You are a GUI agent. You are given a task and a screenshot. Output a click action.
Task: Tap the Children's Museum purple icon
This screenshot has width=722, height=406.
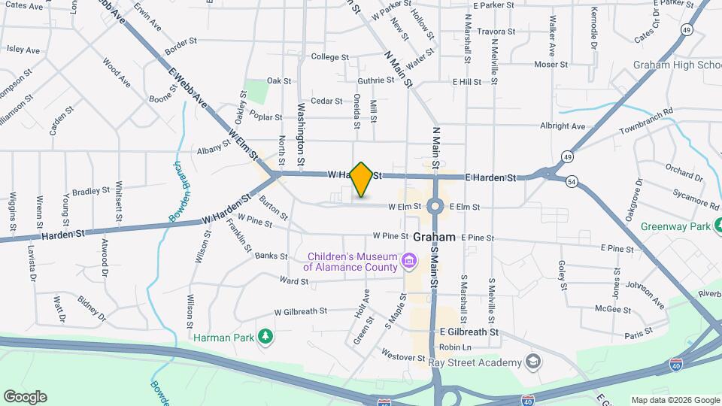[410, 262]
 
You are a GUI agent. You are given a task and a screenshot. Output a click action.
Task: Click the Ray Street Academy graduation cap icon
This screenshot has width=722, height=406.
[533, 362]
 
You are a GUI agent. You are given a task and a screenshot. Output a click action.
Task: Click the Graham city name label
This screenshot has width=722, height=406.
[434, 237]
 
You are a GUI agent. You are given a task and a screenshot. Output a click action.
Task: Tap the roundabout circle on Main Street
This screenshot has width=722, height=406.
[435, 206]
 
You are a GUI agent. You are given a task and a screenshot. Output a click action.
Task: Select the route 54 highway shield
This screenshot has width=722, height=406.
[572, 181]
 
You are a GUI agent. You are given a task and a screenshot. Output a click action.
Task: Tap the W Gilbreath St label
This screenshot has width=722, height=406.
[301, 311]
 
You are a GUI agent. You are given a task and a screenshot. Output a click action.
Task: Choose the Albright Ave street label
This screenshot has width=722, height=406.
[583, 126]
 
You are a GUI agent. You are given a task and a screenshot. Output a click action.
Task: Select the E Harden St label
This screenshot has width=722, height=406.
[490, 178]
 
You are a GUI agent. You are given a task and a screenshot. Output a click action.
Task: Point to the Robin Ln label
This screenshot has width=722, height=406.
[455, 347]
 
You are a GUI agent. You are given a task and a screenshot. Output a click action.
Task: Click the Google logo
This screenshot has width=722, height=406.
[25, 396]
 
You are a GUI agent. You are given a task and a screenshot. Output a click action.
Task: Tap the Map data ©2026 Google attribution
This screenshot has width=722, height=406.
[675, 400]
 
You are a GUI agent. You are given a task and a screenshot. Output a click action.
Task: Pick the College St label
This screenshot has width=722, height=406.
[330, 57]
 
